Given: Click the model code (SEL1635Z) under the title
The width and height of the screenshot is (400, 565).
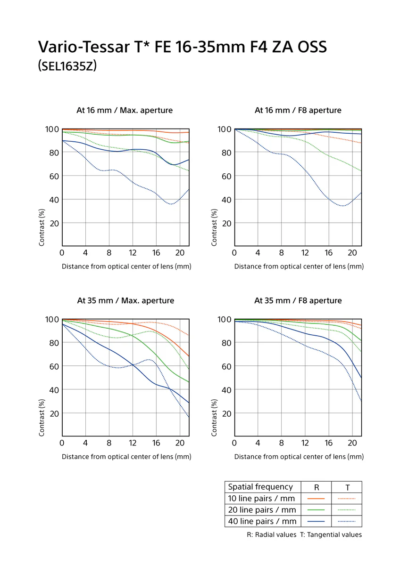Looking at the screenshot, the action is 67,66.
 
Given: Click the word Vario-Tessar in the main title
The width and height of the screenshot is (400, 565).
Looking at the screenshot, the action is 84,47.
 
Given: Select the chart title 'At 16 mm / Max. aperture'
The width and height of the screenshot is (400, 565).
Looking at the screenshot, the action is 125,110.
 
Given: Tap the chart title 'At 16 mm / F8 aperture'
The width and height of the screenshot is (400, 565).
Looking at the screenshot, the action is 298,110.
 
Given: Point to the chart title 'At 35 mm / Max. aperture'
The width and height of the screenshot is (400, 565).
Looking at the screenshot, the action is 125,301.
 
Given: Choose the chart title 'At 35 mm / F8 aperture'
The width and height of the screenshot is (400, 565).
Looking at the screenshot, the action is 298,301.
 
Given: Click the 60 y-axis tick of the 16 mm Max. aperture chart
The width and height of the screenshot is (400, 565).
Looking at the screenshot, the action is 54,176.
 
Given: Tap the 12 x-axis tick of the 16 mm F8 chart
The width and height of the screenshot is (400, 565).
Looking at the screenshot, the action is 305,253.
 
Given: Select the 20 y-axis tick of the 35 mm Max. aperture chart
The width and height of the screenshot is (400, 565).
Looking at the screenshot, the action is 54,414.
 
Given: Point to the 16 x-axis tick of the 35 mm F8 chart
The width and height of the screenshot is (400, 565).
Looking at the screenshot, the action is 328,443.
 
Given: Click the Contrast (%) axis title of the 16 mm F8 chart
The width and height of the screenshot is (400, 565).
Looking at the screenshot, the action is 214,227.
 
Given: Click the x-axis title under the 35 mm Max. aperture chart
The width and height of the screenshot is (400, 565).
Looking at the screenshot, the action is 126,457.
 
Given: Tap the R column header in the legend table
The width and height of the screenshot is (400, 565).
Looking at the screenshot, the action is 317,487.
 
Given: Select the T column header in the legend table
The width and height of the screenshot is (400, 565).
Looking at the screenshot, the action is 348,487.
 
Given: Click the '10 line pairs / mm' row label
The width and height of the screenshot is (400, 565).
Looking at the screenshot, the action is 261,499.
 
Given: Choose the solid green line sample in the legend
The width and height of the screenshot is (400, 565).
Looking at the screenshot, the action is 316,510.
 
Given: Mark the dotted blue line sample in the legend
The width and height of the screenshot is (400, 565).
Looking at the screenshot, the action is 346,521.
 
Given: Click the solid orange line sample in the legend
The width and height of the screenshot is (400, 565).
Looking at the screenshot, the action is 316,499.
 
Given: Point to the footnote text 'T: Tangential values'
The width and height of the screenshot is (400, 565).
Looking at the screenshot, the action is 331,534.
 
